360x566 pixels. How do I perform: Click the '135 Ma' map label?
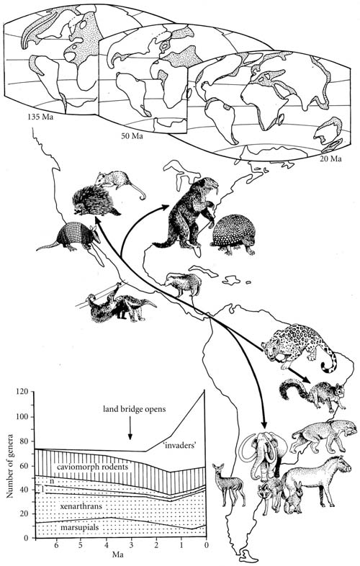coord(40,117)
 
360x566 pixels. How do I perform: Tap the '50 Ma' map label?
coord(132,136)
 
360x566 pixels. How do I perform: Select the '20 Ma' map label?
coord(330,158)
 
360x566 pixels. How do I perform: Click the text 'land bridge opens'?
coord(135,409)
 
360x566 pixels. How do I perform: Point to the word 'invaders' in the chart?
coord(181,445)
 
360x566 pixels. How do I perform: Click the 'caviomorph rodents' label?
coord(92,467)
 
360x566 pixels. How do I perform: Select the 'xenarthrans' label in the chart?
coord(81,506)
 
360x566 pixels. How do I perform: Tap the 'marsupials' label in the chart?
coord(79,527)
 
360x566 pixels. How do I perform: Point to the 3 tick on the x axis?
coord(131,544)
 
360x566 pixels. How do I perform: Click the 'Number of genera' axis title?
coord(10,464)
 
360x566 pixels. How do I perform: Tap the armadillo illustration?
coord(67,238)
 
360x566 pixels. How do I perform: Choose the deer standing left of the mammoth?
coord(228,485)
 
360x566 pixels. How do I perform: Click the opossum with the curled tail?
coord(119,183)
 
